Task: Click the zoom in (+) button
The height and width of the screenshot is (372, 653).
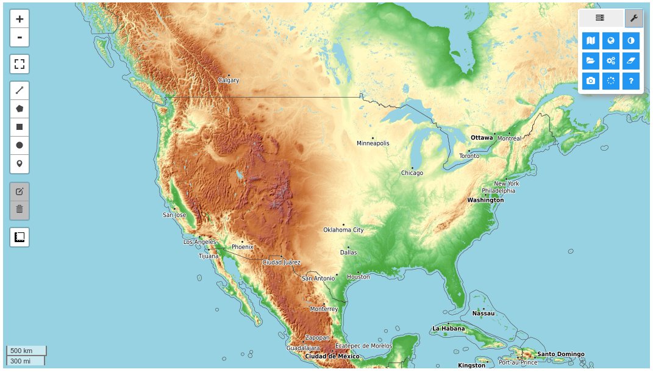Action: pos(20,19)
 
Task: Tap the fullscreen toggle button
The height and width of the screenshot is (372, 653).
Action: pos(20,64)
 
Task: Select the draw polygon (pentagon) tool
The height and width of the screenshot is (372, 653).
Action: pos(20,109)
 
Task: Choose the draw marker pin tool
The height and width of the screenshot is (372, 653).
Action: pos(20,163)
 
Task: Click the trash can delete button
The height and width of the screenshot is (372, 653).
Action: pos(20,209)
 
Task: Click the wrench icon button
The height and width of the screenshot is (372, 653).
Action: pos(633,18)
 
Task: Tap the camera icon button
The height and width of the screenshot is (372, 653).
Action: pos(590,80)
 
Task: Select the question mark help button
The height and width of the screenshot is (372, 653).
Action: pos(631,80)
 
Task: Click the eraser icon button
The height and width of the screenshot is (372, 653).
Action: pos(631,60)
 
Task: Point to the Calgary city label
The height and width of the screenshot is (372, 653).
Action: pos(229,80)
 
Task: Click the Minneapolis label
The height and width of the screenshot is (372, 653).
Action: pos(373,143)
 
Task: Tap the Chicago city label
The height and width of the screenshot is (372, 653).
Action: pos(412,173)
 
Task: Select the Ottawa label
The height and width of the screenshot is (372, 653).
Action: pos(481,138)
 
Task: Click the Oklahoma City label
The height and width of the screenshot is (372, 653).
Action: pos(343,230)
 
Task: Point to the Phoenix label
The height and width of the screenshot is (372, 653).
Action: pos(242,247)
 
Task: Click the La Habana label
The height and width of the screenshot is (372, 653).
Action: pos(448,329)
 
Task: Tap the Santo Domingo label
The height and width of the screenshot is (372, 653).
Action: pos(560,354)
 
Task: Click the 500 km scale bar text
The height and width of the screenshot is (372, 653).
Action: pos(21,351)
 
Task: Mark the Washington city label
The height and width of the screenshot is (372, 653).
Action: pos(485,200)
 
